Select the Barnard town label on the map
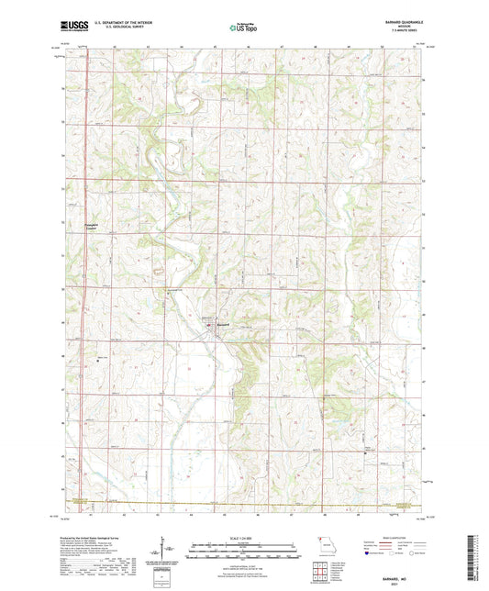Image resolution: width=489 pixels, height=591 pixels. (223, 323)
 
